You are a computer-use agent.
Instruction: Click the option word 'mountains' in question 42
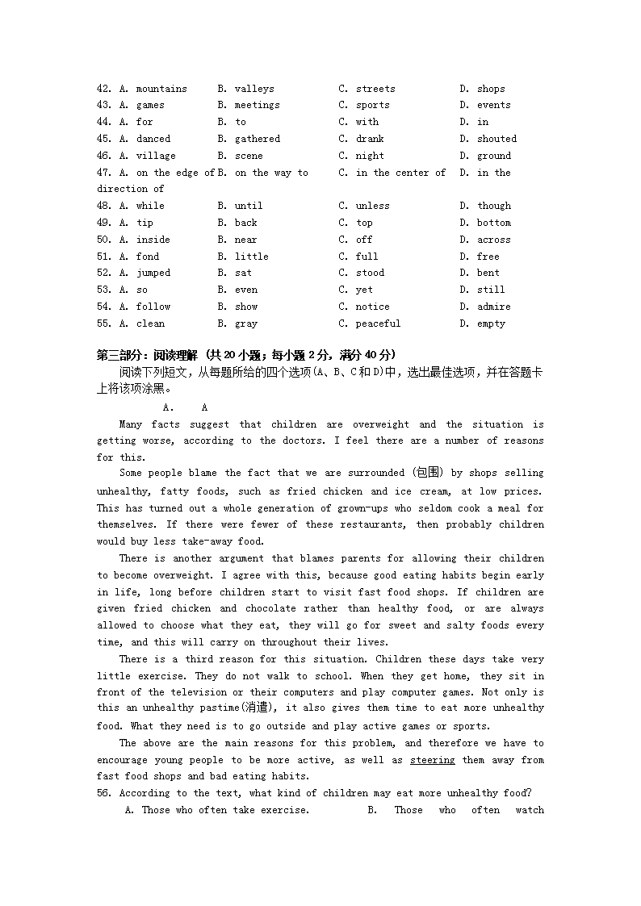point(161,89)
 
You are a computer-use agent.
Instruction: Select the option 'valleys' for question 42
point(254,89)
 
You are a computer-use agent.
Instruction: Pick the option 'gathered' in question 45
point(258,139)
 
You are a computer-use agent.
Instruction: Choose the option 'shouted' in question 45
point(496,139)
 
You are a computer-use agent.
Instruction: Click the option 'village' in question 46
point(156,156)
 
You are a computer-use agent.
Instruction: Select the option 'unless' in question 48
point(372,206)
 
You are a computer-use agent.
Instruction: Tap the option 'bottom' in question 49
point(493,223)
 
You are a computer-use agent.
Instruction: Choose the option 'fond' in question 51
point(148,257)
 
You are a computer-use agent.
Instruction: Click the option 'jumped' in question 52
point(153,273)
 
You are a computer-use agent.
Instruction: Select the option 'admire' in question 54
point(493,307)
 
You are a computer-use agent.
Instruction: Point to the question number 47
point(104,173)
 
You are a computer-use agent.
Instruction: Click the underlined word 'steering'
point(432,760)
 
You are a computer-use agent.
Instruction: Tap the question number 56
point(104,793)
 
